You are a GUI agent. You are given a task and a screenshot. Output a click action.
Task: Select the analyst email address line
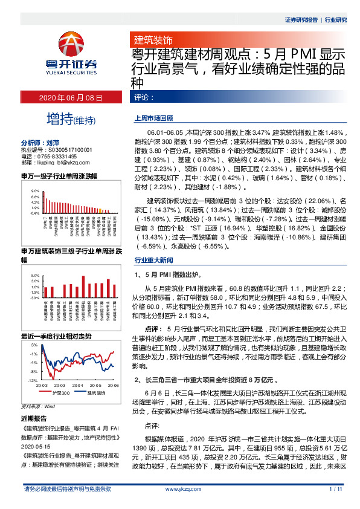pyautogui.click(x=56, y=162)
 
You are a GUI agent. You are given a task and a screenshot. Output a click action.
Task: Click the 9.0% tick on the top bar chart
pyautogui.click(x=36, y=190)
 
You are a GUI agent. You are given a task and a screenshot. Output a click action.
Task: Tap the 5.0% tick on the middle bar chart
pyautogui.click(x=36, y=275)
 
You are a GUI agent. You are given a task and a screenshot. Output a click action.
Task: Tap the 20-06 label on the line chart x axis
pyautogui.click(x=113, y=385)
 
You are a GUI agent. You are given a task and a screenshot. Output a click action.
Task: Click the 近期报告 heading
pyautogui.click(x=34, y=418)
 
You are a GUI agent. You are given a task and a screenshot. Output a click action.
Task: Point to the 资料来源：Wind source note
pyautogui.click(x=37, y=406)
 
